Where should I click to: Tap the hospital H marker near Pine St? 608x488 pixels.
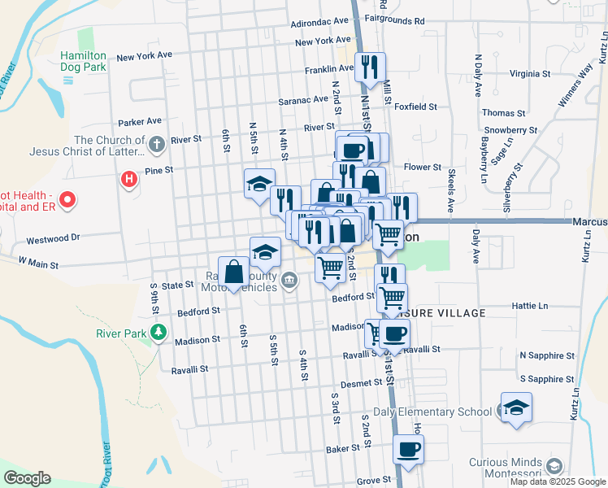pyautogui.click(x=128, y=179)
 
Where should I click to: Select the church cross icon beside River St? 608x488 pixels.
pyautogui.click(x=158, y=145)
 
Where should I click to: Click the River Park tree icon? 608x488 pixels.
pyautogui.click(x=159, y=333)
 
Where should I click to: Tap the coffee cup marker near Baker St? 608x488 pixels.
pyautogui.click(x=408, y=449)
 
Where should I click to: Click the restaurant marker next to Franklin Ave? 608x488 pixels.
pyautogui.click(x=371, y=68)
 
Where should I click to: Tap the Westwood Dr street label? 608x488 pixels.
pyautogui.click(x=54, y=239)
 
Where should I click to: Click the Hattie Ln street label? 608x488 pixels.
pyautogui.click(x=528, y=306)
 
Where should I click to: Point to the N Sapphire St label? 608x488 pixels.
pyautogui.click(x=547, y=356)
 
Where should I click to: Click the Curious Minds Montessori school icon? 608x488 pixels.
pyautogui.click(x=554, y=466)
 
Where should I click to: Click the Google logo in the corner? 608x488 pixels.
pyautogui.click(x=28, y=478)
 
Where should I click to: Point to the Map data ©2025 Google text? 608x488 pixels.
pyautogui.click(x=558, y=481)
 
